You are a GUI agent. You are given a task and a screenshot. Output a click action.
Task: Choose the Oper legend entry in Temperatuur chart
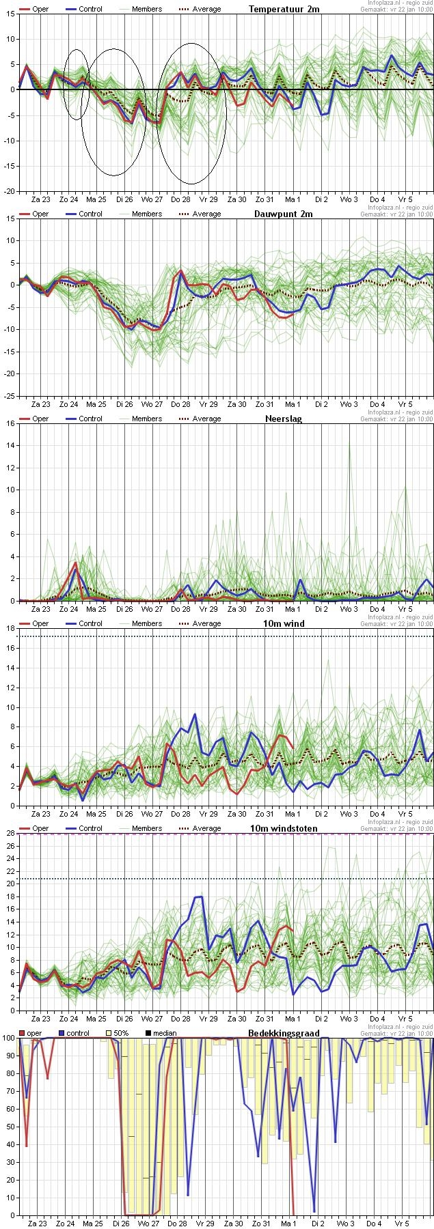coord(34,10)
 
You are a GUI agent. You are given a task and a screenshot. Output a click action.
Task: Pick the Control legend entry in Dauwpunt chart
coord(83,214)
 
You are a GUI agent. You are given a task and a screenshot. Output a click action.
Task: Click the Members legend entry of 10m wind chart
coord(140,624)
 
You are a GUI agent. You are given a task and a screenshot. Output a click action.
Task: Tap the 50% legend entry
coord(117,1033)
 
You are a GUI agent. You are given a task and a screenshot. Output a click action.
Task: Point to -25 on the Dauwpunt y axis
coord(9,396)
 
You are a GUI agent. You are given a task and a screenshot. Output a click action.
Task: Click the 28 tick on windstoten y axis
coord(10,833)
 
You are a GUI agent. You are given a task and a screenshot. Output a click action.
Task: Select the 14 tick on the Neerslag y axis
coord(10,445)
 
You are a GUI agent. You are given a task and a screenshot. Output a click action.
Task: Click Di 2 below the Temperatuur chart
coord(321,199)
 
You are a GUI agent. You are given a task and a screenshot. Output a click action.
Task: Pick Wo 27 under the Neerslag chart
coord(152,609)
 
